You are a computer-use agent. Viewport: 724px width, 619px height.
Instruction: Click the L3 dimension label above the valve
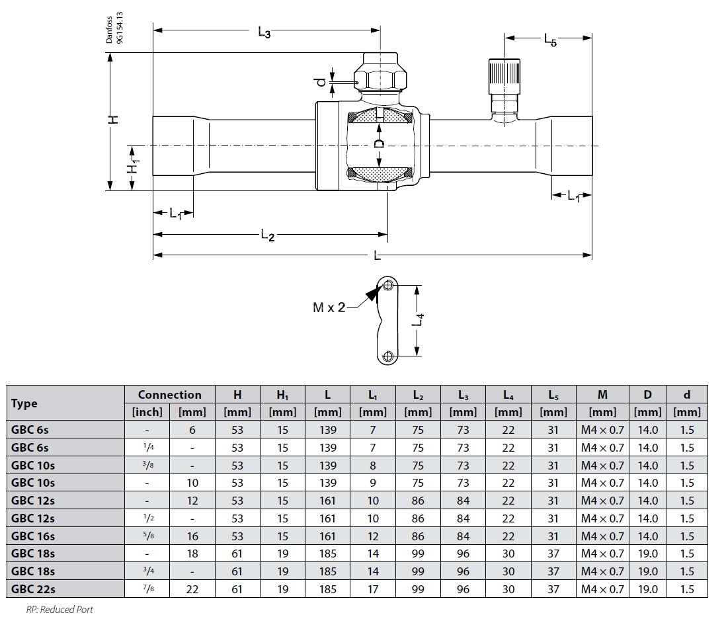(x=264, y=32)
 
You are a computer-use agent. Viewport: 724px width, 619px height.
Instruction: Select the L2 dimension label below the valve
(x=267, y=235)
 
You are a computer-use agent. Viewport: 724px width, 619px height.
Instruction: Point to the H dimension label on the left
(x=114, y=119)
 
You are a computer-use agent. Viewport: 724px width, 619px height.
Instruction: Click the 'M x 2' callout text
(x=329, y=308)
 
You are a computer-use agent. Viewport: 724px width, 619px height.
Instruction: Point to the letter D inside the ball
(x=379, y=144)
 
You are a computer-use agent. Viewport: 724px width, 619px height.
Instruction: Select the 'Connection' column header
(x=169, y=395)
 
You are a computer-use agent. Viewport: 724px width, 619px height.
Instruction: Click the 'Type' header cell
(x=24, y=403)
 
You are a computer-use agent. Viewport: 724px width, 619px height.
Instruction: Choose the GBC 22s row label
(x=33, y=589)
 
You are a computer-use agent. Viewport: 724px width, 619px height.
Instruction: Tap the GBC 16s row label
(x=33, y=536)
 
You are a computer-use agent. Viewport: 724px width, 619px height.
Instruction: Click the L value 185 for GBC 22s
(x=327, y=589)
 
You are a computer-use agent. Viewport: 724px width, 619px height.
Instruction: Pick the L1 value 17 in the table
(x=372, y=589)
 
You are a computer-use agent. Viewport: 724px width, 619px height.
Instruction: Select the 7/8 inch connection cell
(x=147, y=589)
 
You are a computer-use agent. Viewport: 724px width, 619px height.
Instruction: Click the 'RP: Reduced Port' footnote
(x=60, y=610)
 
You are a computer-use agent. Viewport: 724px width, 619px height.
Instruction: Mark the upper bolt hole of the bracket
(x=388, y=286)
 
